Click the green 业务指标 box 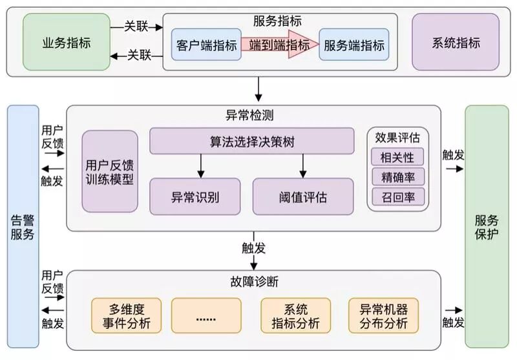[67, 43]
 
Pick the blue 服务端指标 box [354, 45]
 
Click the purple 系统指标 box [456, 43]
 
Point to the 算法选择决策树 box [252, 142]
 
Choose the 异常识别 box [195, 196]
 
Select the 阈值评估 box [303, 196]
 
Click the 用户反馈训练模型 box [110, 171]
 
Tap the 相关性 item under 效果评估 [397, 156]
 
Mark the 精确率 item [397, 176]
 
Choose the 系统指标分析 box [295, 315]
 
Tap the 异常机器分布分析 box [383, 315]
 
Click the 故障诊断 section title [254, 281]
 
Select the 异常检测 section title [254, 116]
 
